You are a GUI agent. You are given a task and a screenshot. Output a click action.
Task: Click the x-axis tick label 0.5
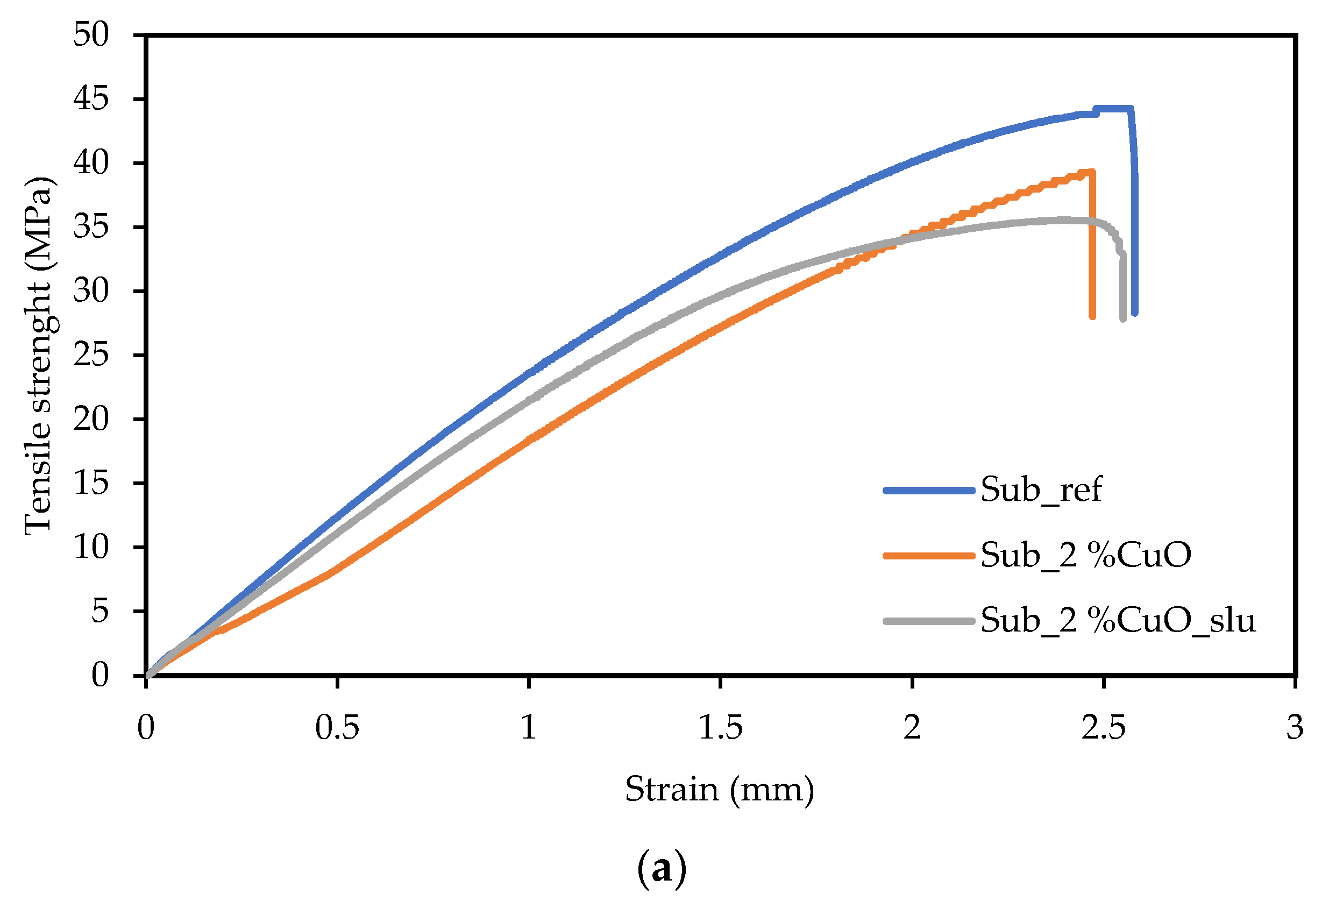point(337,728)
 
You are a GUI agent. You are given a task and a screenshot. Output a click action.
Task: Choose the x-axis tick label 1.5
point(721,728)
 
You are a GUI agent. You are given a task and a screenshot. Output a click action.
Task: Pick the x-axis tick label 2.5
point(1104,728)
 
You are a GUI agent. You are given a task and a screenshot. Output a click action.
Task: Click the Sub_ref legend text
point(1041,489)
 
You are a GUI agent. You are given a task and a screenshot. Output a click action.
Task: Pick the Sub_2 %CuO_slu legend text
point(1118,620)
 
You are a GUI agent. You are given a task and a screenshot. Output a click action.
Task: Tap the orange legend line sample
point(929,556)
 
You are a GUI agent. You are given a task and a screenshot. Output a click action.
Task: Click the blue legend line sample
point(929,490)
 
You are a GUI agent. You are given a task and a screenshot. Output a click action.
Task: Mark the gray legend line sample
point(929,621)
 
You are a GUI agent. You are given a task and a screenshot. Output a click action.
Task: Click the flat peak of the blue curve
point(1113,108)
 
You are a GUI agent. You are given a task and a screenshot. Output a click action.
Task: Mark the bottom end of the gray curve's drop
point(1123,318)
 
